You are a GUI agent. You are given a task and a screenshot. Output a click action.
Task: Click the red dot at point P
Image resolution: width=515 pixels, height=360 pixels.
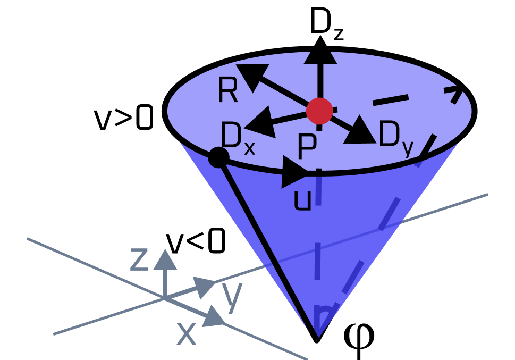319,111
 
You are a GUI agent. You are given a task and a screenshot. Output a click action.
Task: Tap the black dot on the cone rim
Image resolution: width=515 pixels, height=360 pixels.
218,157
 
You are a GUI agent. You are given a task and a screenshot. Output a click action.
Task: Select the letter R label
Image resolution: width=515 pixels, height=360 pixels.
227,91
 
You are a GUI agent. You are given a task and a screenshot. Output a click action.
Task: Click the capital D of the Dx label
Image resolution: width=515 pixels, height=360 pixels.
231,136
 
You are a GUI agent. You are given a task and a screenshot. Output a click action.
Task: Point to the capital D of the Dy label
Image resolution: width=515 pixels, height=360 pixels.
389,135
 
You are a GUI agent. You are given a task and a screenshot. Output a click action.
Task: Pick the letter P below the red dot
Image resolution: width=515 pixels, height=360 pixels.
307,147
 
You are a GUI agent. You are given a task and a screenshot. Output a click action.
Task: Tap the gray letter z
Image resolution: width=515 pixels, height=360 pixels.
139,259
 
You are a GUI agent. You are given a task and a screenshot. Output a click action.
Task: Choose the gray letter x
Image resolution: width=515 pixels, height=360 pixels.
186,334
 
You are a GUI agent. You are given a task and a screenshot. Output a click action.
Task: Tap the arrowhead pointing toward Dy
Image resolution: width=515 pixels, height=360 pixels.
360,131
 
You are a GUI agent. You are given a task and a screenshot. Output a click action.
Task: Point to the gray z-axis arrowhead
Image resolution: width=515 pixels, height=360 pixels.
165,259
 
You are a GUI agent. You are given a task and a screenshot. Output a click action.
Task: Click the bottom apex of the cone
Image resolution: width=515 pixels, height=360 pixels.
317,338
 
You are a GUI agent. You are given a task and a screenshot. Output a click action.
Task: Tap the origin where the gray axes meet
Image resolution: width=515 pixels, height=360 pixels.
165,298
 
